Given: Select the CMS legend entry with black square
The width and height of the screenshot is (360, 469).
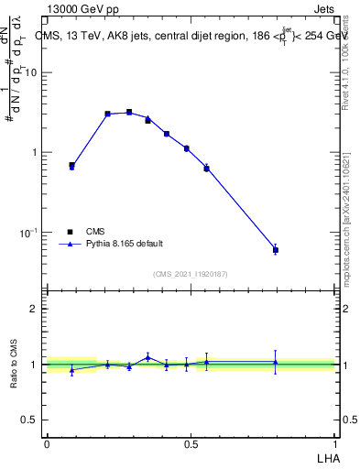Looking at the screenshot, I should click(96, 232).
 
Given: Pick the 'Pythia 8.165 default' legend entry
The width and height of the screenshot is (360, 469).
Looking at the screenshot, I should click(123, 244).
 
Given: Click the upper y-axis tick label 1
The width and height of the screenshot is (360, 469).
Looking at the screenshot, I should click(37, 152).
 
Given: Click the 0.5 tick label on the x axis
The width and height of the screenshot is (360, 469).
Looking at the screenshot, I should click(191, 442).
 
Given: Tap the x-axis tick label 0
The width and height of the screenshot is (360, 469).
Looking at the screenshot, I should click(47, 442).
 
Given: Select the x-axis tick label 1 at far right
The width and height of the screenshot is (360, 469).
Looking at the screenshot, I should click(335, 442).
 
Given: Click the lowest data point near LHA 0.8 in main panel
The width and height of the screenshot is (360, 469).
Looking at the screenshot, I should click(276, 249).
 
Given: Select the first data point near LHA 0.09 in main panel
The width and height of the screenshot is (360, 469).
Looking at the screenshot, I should click(71, 166).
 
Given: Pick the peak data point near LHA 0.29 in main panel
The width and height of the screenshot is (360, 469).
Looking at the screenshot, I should click(129, 112).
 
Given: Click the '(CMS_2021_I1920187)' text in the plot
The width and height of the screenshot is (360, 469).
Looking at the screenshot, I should click(190, 274).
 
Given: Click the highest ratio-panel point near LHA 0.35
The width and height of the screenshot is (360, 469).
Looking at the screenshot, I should click(147, 357).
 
